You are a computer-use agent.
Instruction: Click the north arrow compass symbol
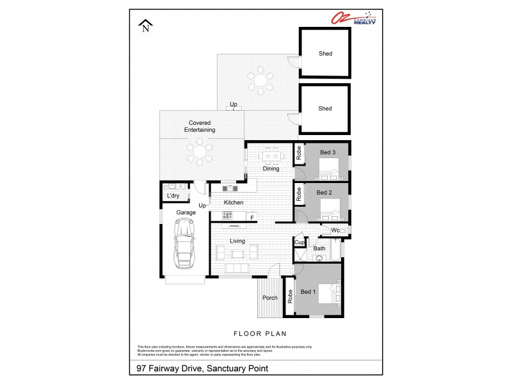(147, 26)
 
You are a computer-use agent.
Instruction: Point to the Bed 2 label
(324, 192)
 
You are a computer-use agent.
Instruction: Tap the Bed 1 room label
(309, 292)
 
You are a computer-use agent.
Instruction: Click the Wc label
(334, 230)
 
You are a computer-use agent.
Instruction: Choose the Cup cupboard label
(300, 243)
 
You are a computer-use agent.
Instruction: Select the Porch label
(270, 298)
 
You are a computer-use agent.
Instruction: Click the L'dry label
(173, 196)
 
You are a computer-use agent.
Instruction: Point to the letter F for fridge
(252, 218)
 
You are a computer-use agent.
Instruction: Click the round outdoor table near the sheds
(260, 80)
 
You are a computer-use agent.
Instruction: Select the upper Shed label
(325, 54)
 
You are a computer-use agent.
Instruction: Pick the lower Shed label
(325, 109)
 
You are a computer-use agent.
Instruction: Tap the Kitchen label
(234, 203)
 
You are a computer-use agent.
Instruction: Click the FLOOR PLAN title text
(259, 333)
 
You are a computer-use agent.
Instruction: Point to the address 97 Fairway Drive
(202, 368)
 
